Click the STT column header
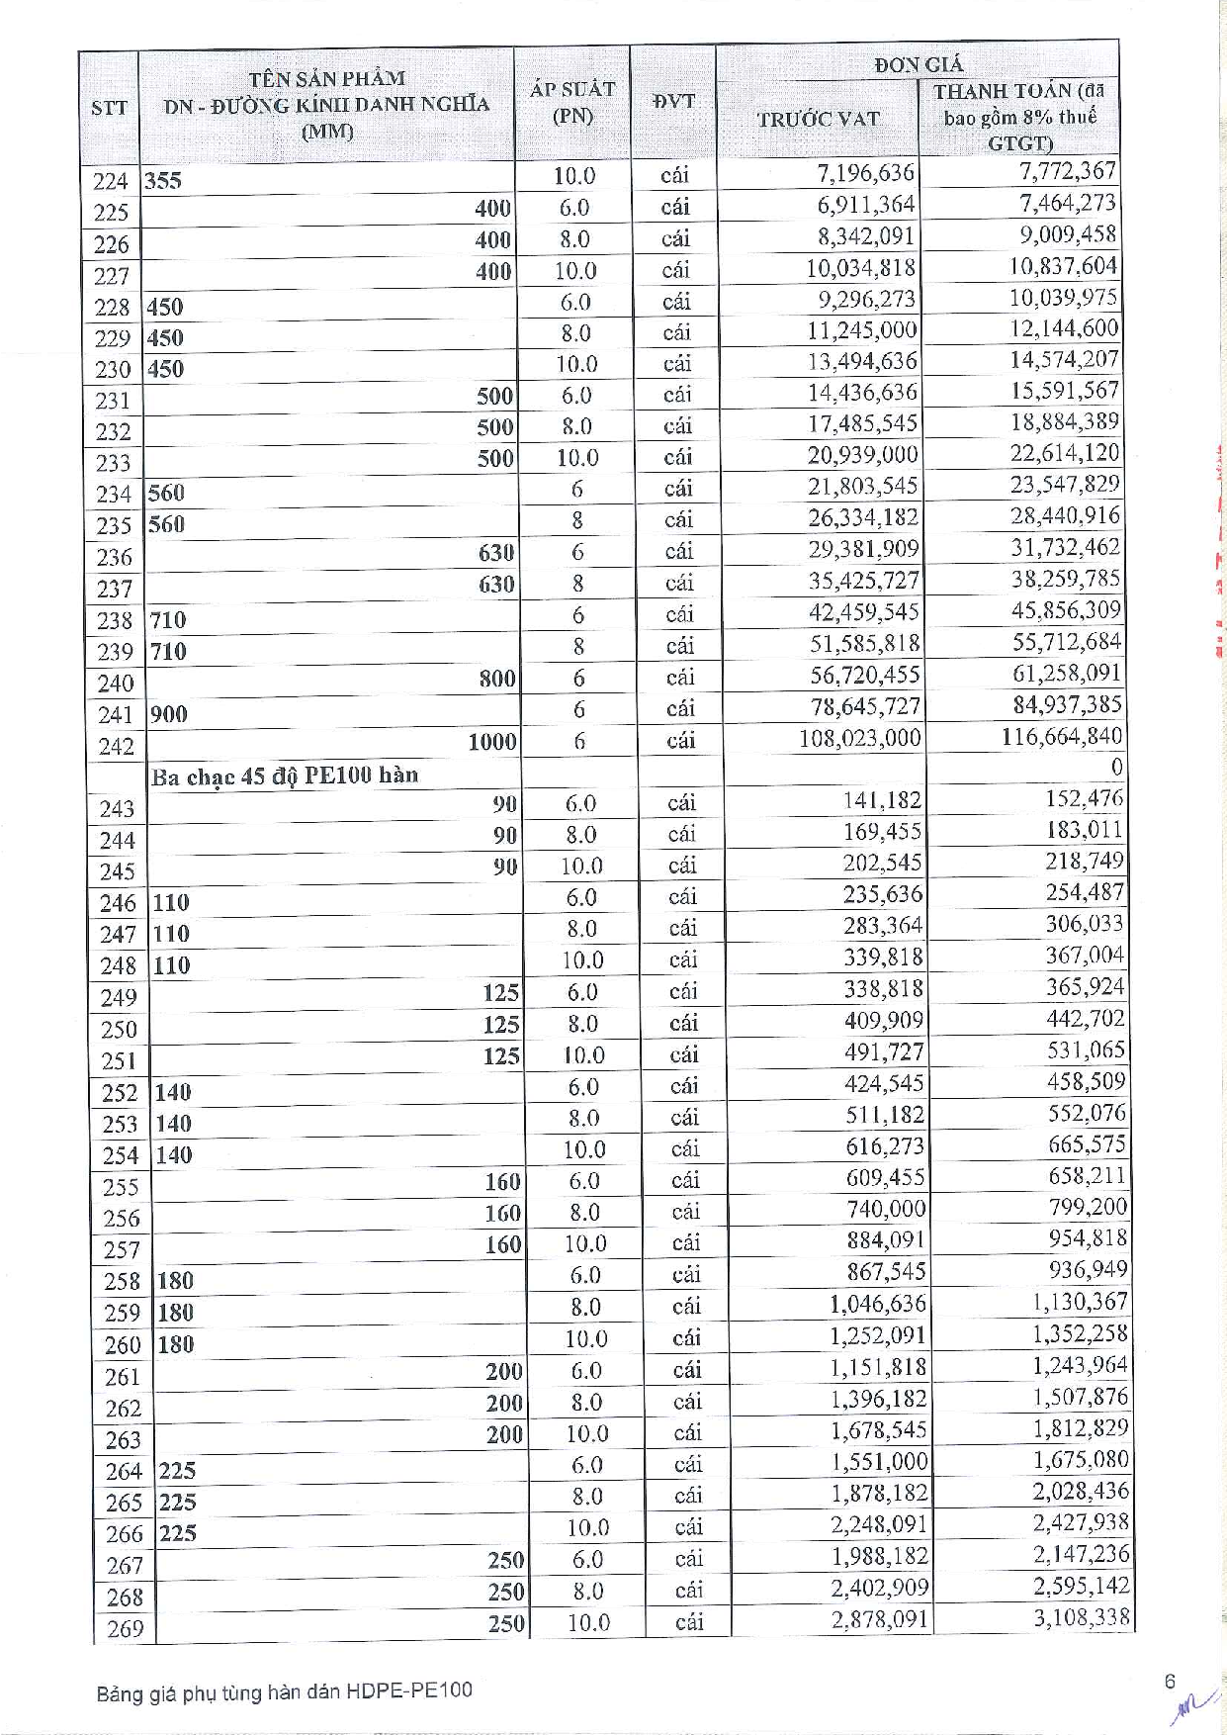tap(109, 107)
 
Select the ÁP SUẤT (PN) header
tap(571, 102)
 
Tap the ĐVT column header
tap(673, 101)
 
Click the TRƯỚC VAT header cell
tap(818, 119)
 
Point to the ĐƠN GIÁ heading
tap(918, 65)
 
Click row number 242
tap(116, 746)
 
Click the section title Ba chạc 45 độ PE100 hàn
tap(285, 776)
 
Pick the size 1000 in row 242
tap(491, 742)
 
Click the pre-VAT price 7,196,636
tap(865, 173)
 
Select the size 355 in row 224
tap(163, 181)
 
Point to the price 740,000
tap(886, 1209)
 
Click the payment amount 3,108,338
tap(1081, 1617)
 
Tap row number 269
tap(125, 1628)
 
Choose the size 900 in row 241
tap(169, 714)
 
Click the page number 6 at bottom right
tap(1170, 1682)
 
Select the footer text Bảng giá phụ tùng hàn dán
tap(285, 1690)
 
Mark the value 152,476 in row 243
tap(1084, 798)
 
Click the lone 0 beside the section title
tap(1116, 768)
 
